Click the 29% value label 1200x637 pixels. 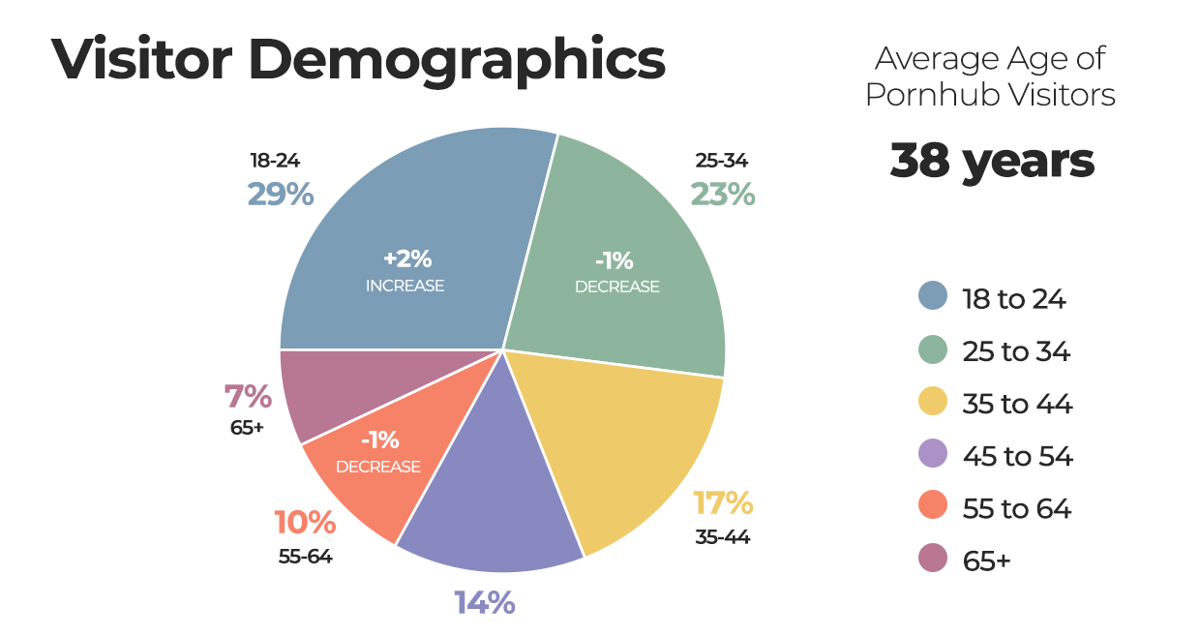coord(281,195)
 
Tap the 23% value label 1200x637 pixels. coord(722,195)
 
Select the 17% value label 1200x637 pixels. coord(723,503)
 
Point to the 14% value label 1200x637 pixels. coord(485,603)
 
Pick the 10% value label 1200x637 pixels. coord(305,524)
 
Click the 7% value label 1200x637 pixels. coord(248,397)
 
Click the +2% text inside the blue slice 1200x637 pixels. coord(407,259)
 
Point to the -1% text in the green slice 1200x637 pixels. coord(615,260)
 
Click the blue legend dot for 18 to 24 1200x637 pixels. coord(932,296)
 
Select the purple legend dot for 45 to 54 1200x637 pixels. coord(932,455)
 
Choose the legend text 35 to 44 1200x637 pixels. coord(1017,404)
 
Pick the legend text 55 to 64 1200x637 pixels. coord(1017,508)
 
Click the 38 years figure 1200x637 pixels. coord(992,161)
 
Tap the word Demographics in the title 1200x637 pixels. coord(457,60)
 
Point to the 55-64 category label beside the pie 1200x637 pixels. coord(305,557)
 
